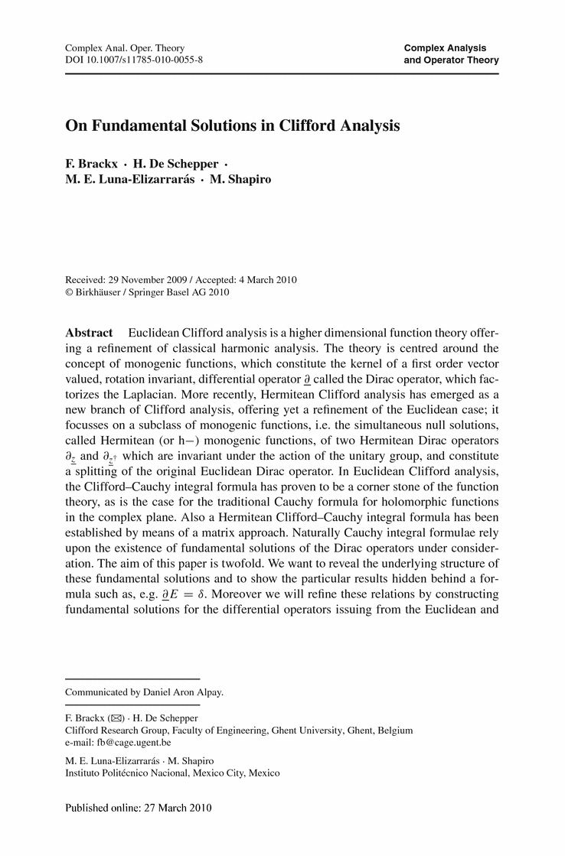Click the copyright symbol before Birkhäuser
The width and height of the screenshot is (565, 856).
[70, 292]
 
